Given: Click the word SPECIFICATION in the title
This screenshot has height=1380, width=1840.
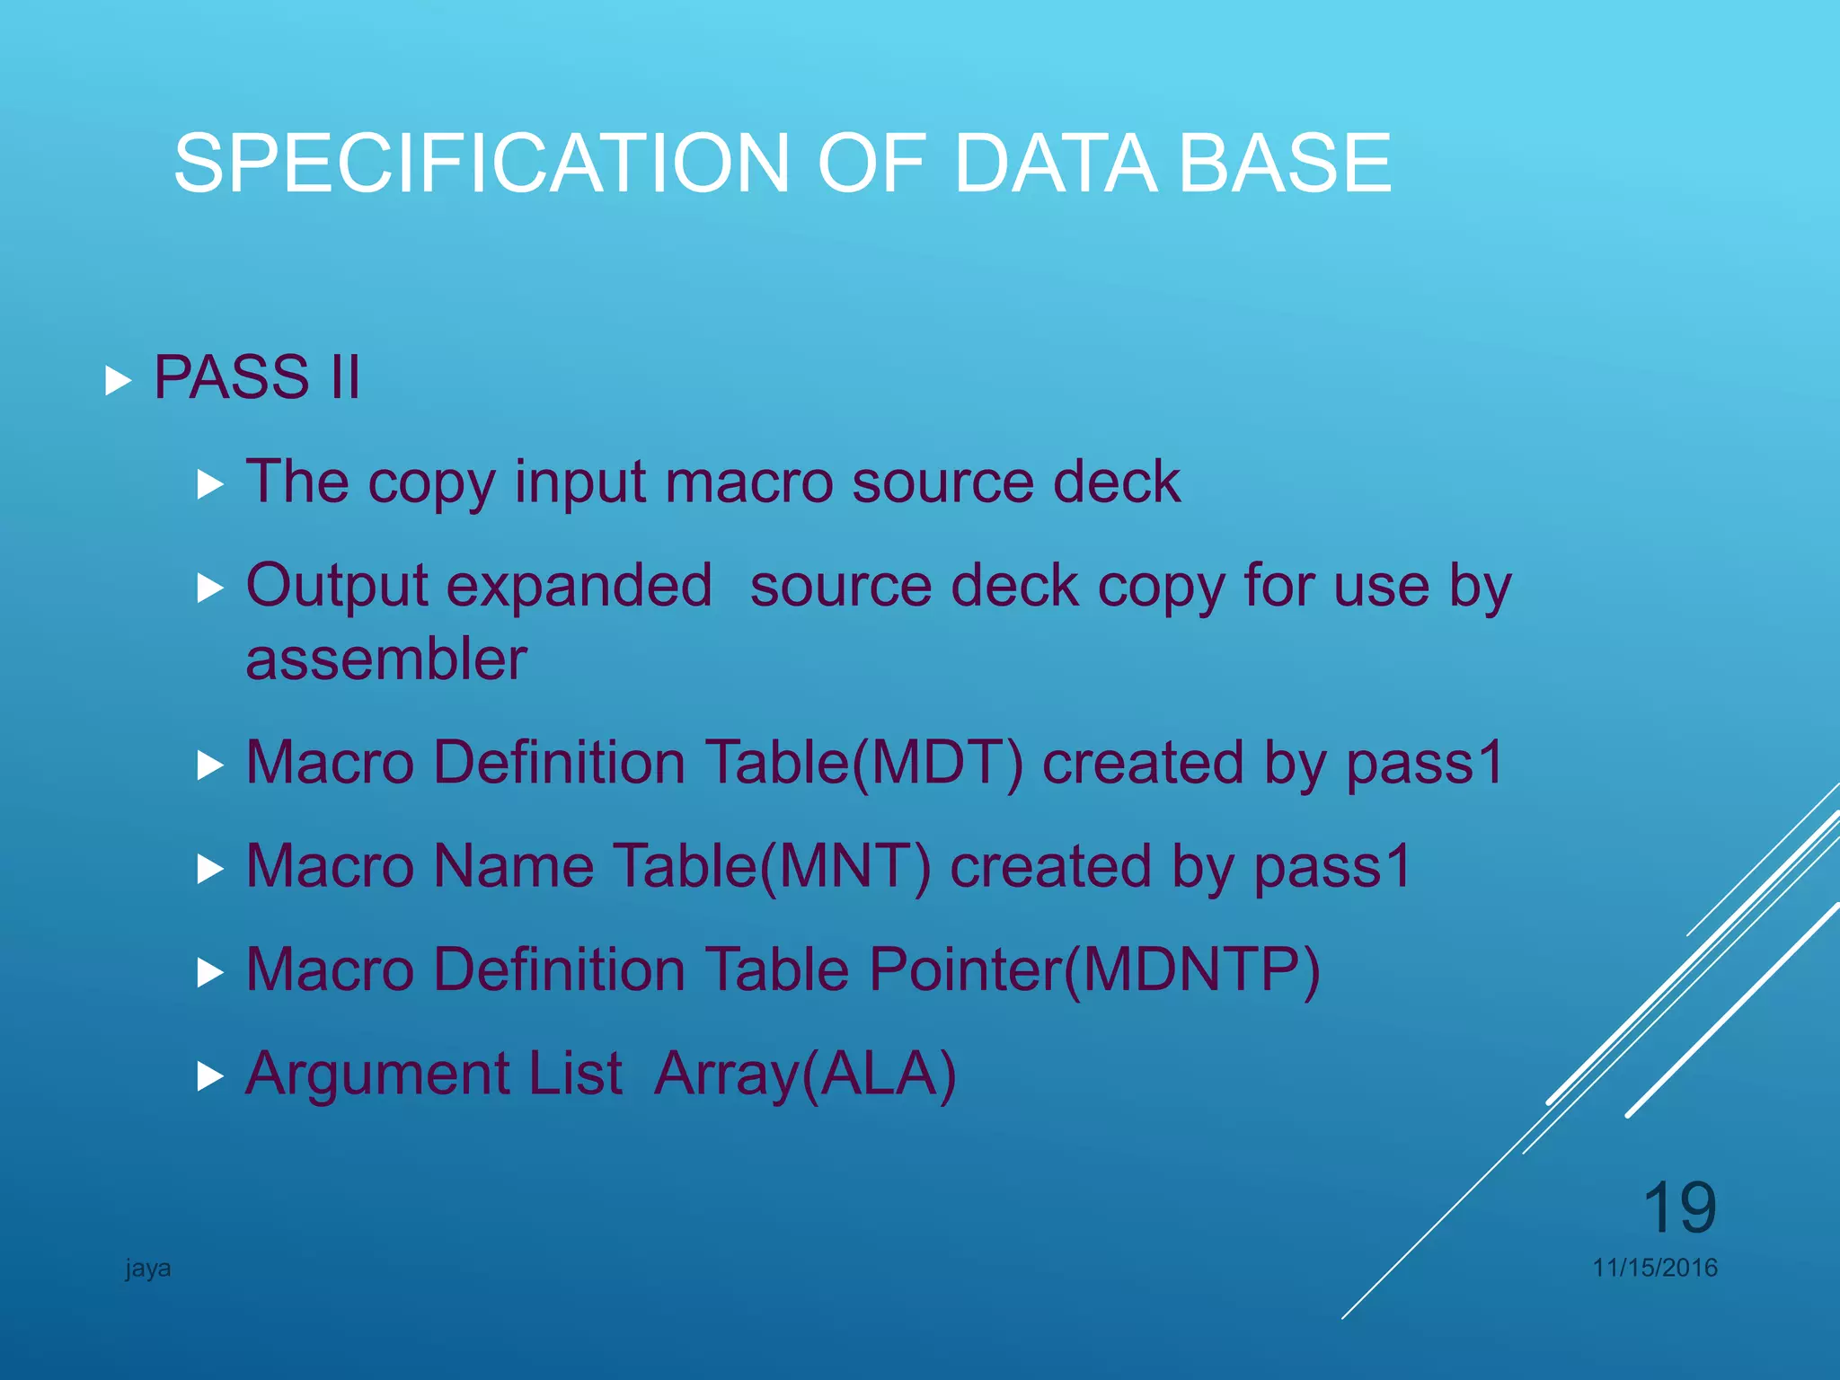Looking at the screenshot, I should [x=481, y=163].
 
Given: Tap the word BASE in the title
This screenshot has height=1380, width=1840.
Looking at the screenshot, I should [x=1285, y=163].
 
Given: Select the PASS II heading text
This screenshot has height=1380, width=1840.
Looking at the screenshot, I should [x=257, y=376].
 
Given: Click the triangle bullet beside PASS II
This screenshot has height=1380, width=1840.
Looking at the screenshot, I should [x=118, y=380].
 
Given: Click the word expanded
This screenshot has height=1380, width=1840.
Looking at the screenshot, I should [x=579, y=586].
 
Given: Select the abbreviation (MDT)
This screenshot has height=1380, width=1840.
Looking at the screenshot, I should [x=936, y=763].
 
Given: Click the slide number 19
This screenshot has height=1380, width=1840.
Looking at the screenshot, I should [x=1679, y=1208].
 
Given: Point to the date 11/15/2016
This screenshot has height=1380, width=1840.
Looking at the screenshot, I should [x=1655, y=1268].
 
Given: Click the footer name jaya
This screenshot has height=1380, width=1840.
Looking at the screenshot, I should [x=148, y=1269].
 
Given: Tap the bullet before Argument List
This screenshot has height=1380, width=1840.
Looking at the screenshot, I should [x=209, y=1075].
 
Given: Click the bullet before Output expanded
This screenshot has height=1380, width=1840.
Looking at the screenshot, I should [x=209, y=588].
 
